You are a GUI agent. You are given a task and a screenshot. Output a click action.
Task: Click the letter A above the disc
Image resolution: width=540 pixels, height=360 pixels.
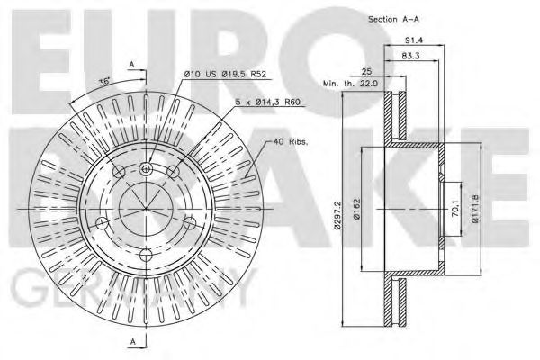coord(132,65)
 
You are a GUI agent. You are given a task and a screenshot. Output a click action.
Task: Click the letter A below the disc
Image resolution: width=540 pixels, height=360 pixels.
coord(132,341)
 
